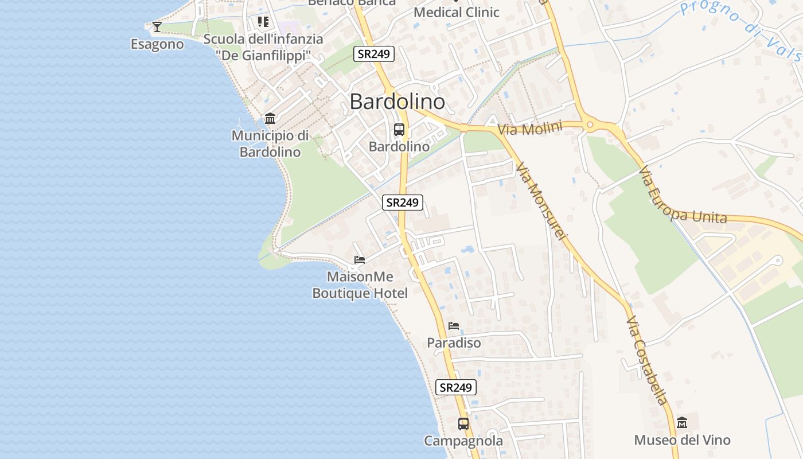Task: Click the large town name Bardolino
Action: [397, 102]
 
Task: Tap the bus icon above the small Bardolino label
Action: [399, 130]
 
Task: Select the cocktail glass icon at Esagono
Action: [157, 26]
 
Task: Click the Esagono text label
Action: [157, 44]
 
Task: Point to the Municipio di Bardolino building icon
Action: [270, 118]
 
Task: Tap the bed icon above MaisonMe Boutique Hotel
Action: [360, 260]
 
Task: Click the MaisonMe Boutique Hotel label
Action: [360, 285]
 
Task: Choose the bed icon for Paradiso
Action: [454, 326]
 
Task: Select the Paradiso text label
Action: [454, 343]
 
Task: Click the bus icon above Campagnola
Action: [463, 424]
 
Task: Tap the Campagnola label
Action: [463, 441]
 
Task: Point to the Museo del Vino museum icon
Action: [682, 423]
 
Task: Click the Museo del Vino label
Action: [682, 440]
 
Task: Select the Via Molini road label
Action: [529, 128]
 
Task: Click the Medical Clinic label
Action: [457, 12]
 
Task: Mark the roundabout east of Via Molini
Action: [589, 125]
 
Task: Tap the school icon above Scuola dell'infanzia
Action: [263, 22]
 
